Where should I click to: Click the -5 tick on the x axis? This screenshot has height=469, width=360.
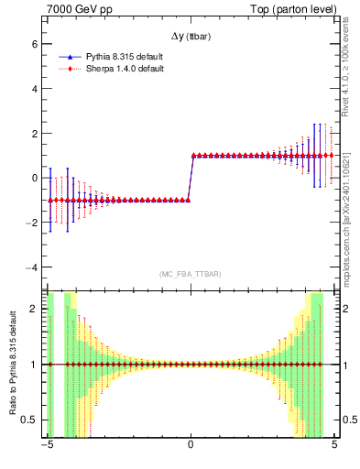pos(47,446)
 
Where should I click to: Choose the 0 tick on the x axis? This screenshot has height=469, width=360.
pos(191,446)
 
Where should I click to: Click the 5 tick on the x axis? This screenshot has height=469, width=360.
pos(334,446)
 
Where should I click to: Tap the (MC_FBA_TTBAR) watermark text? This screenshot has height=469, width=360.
pos(191,274)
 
